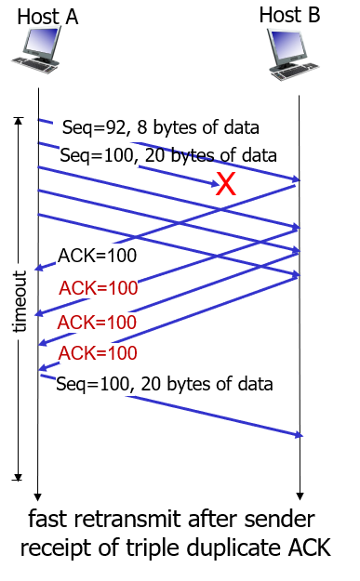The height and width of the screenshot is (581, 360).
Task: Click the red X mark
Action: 226,184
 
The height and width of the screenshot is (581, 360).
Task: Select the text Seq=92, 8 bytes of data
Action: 160,127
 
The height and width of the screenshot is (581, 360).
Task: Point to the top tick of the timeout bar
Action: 17,118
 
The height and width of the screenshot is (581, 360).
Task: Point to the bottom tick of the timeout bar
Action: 17,478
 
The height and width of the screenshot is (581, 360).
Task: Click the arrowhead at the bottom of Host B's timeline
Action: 299,495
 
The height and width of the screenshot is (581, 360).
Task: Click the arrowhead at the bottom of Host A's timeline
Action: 38,495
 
